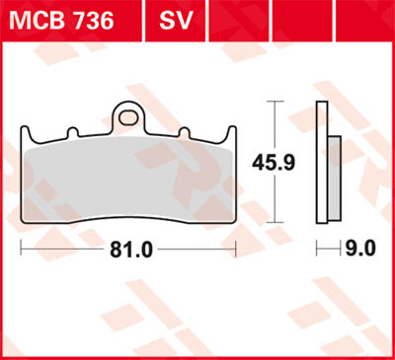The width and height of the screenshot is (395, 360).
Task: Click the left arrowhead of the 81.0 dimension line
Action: click(x=24, y=250)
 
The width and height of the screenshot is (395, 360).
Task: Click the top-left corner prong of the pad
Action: click(x=25, y=130)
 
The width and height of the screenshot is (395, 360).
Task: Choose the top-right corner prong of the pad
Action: click(x=233, y=130)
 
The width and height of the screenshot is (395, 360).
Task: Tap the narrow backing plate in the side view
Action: click(x=321, y=163)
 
